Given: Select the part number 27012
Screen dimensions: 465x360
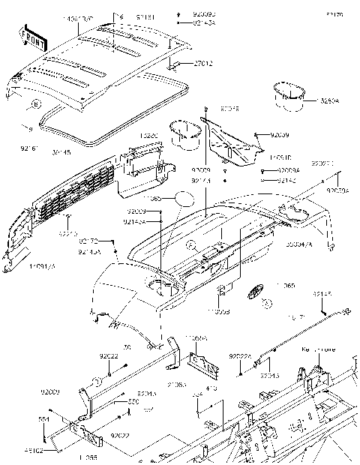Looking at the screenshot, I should (x=183, y=64).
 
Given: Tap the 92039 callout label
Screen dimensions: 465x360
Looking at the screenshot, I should (x=280, y=134).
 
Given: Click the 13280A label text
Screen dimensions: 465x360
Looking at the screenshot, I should (x=328, y=100).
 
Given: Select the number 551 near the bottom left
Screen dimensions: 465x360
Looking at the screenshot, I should (x=44, y=419).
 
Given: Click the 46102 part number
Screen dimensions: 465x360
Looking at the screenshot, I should (x=51, y=451).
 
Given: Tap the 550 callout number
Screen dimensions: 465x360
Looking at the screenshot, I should (x=133, y=402).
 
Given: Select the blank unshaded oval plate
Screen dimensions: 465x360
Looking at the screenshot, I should (x=185, y=201).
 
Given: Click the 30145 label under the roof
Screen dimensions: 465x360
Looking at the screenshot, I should (x=62, y=152).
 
